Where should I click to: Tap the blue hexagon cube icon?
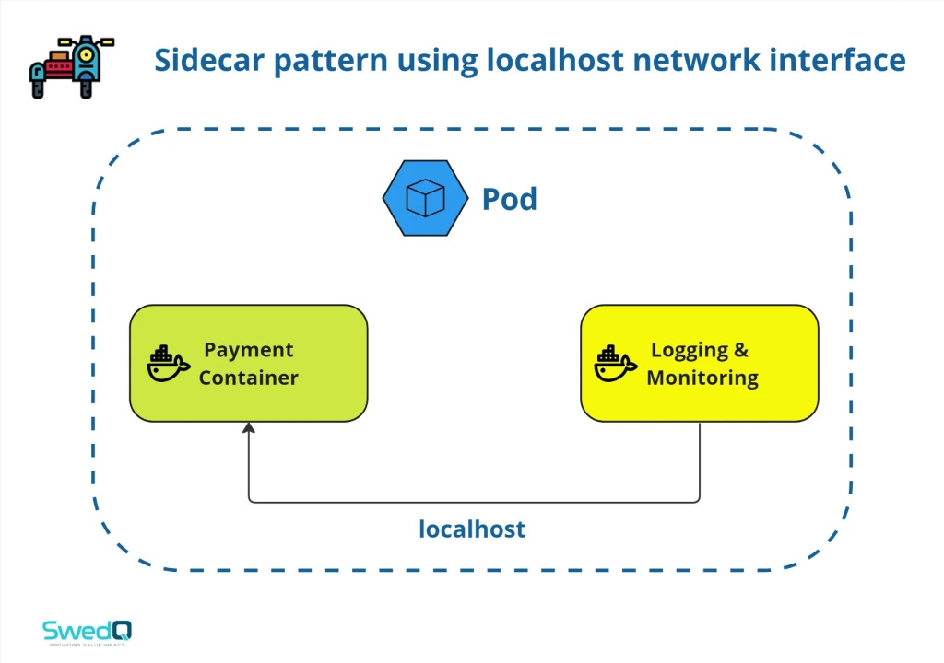point(424,198)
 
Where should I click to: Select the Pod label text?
point(509,199)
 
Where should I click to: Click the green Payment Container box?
point(248,363)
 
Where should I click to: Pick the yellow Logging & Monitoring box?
point(699,363)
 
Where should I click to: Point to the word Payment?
point(249,350)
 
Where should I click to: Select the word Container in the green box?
point(249,378)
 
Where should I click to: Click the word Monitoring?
point(702,378)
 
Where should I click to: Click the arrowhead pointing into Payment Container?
point(248,428)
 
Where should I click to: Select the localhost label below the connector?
point(472,529)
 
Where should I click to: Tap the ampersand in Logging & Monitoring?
point(741,350)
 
